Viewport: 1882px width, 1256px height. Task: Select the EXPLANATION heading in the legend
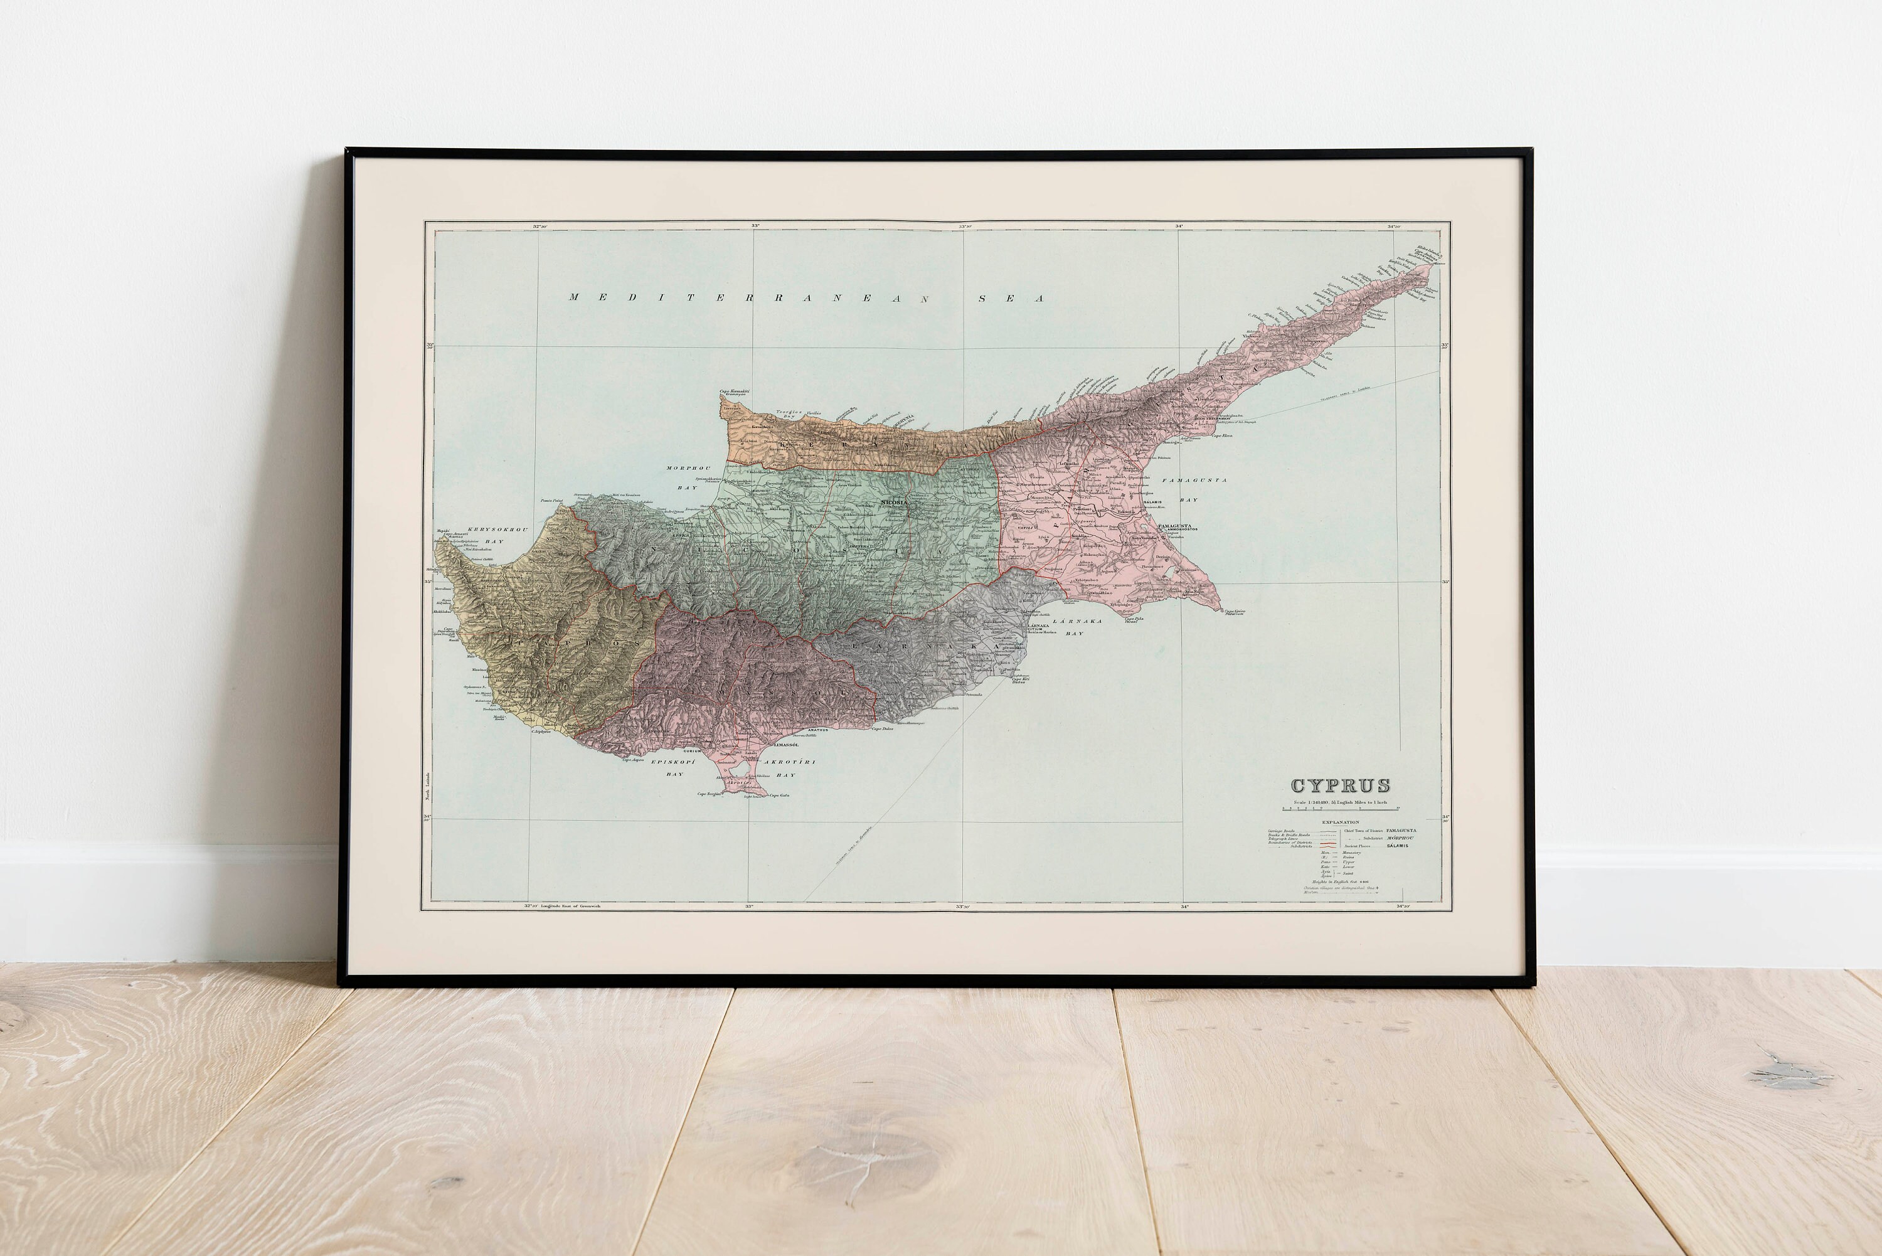1340,822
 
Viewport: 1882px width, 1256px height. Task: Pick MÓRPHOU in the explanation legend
1400,838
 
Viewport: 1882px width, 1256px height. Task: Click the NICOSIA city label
894,501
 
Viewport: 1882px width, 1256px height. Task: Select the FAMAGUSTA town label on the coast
1174,526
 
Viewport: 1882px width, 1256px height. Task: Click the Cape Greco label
1234,611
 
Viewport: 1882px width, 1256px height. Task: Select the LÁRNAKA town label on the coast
1038,625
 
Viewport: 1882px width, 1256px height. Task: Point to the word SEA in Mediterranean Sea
1011,299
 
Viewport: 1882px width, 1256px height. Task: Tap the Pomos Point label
552,501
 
